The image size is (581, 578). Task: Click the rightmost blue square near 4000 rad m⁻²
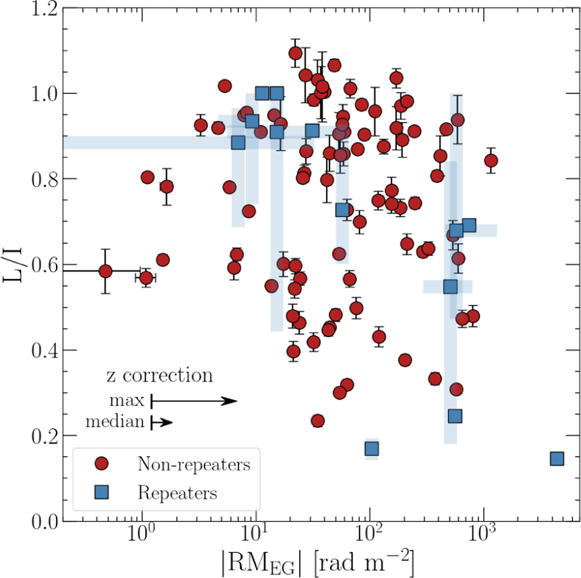[x=557, y=459]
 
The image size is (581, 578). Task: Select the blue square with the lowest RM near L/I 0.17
[x=372, y=448]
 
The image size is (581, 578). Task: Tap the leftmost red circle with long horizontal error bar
[x=105, y=271]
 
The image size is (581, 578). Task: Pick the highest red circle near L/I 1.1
[x=296, y=53]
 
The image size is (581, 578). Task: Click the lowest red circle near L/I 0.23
[x=317, y=421]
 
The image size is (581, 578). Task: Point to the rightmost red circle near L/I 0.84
[x=491, y=160]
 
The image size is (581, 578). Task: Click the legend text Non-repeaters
[x=194, y=464]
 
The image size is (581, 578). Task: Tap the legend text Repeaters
[x=177, y=492]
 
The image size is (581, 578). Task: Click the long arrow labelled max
[x=194, y=401]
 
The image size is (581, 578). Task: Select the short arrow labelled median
[x=161, y=422]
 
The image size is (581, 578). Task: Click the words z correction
[x=160, y=376]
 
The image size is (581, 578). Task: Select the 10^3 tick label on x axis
[x=484, y=540]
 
